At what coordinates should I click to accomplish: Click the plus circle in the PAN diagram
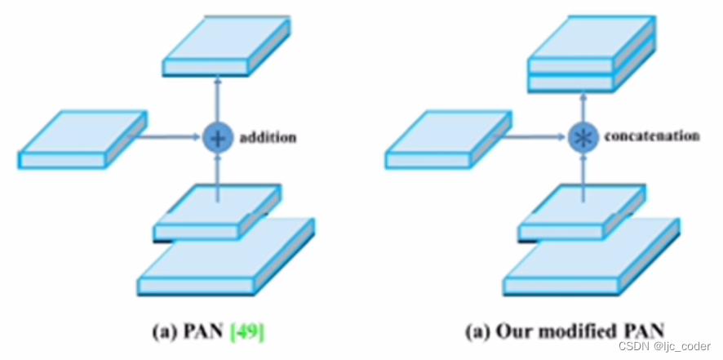coord(217,138)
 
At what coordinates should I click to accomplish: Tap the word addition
coord(267,138)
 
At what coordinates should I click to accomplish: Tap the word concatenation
coord(651,136)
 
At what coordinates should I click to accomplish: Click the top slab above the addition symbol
coord(227,47)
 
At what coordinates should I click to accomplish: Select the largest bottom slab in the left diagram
coord(225,261)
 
